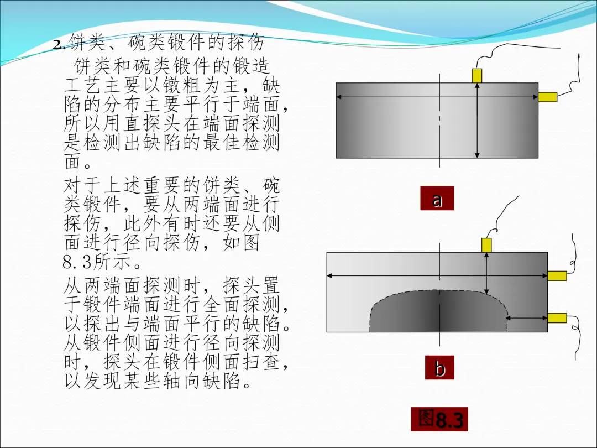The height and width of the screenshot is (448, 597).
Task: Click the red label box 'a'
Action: (x=437, y=199)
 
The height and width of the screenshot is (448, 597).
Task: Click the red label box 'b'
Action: (x=439, y=368)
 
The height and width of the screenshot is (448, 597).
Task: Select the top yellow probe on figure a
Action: (x=477, y=75)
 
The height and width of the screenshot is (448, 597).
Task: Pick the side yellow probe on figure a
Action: (x=548, y=97)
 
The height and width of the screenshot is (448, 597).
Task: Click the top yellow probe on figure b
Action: (x=486, y=245)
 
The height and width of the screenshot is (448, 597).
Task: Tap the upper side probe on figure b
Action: (x=557, y=275)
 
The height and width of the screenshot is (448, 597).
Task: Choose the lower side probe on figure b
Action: (x=557, y=317)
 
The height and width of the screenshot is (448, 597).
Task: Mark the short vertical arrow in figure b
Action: (x=486, y=274)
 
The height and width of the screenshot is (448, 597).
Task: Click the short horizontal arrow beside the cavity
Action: (x=527, y=318)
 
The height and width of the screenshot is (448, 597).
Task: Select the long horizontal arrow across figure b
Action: (x=387, y=275)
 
